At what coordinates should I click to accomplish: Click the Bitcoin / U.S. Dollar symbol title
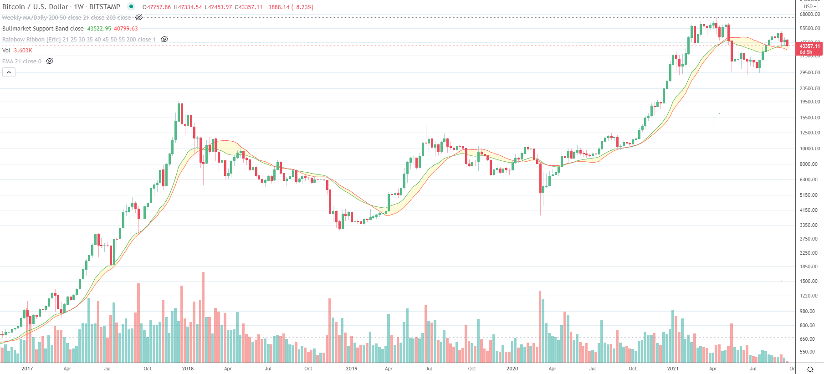[x=35, y=7]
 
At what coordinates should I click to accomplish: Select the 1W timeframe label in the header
[x=79, y=7]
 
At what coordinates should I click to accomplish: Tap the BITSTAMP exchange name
[x=105, y=7]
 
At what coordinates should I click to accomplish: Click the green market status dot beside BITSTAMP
[x=131, y=6]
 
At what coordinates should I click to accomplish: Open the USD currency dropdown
[x=810, y=6]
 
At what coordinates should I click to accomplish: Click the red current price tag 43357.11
[x=809, y=46]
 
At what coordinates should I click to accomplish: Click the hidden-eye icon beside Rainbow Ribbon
[x=164, y=39]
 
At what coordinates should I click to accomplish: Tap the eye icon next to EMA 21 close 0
[x=50, y=61]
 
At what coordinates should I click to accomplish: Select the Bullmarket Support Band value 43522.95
[x=99, y=29]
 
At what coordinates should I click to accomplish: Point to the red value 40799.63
[x=126, y=29]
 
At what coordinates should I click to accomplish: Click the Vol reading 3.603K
[x=23, y=51]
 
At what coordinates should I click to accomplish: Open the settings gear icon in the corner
[x=809, y=369]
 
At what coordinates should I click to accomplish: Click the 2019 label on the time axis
[x=351, y=369]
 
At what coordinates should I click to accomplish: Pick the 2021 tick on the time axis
[x=672, y=369]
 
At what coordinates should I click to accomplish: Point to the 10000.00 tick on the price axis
[x=809, y=149]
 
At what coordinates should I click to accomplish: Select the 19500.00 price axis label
[x=809, y=102]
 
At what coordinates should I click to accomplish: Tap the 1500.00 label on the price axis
[x=809, y=281]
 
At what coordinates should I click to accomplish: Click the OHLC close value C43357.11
[x=249, y=7]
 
